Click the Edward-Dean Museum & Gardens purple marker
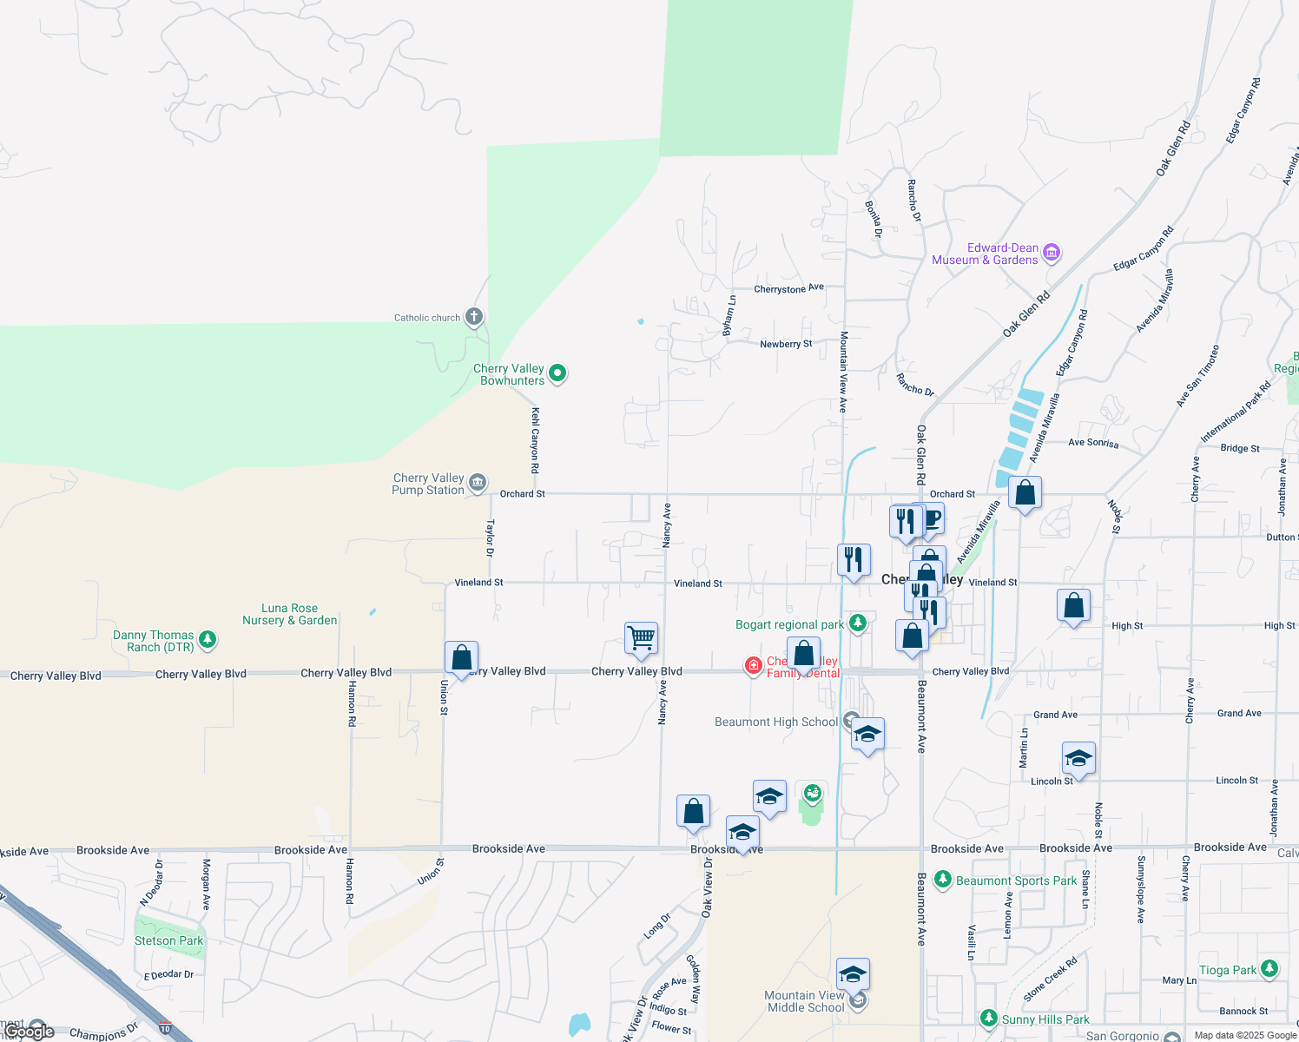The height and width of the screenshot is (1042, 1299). (1051, 253)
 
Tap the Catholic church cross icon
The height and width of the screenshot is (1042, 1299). (473, 316)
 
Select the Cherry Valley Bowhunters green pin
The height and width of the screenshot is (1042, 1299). (557, 373)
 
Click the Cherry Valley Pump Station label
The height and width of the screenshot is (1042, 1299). (428, 484)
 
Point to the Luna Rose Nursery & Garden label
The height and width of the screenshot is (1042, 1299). (289, 614)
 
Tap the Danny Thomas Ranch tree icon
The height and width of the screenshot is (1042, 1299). (207, 640)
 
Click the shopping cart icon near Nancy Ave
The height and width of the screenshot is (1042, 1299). (641, 637)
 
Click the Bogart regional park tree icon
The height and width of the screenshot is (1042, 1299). (858, 623)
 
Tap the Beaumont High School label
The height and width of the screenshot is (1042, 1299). (775, 722)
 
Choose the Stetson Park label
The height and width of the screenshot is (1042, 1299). (168, 940)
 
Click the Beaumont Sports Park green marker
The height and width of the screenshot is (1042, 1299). (942, 880)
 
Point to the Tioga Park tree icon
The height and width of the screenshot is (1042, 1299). (1269, 968)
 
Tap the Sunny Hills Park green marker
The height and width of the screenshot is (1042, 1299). (988, 1018)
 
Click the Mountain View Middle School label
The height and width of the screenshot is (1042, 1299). (805, 1001)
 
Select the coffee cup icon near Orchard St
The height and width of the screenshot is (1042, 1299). (931, 519)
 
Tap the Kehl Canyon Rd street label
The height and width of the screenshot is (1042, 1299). (535, 440)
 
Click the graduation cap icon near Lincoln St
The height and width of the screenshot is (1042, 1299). (1078, 758)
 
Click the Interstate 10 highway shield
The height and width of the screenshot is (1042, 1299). (165, 1028)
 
